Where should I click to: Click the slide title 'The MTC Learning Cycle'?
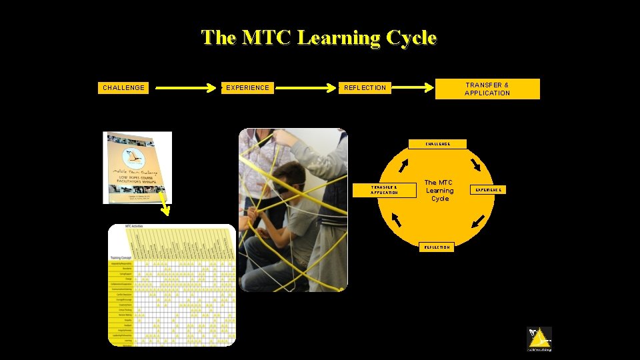tap(319, 37)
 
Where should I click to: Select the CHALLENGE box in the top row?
tap(123, 87)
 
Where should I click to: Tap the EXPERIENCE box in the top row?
tap(247, 87)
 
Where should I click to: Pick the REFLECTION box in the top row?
tap(365, 87)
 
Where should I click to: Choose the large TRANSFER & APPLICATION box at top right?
tap(487, 89)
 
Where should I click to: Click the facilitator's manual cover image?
tap(137, 167)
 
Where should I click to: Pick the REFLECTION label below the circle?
tap(437, 247)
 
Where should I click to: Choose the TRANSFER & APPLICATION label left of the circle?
tap(384, 190)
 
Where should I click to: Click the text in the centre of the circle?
tap(439, 191)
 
